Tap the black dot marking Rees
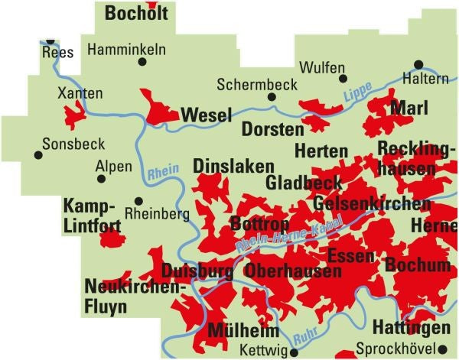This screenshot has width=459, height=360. click(x=50, y=41)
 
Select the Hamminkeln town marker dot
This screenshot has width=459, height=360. click(x=141, y=63)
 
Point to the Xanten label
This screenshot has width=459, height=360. click(x=80, y=93)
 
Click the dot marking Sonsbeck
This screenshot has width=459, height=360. click(x=37, y=155)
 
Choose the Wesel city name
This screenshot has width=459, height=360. click(x=206, y=115)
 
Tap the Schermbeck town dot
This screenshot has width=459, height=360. click(x=271, y=97)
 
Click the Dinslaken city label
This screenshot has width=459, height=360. click(x=223, y=166)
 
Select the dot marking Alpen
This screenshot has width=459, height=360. click(x=101, y=179)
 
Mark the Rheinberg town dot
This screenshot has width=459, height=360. click(x=128, y=205)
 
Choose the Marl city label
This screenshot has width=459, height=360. click(x=409, y=109)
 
